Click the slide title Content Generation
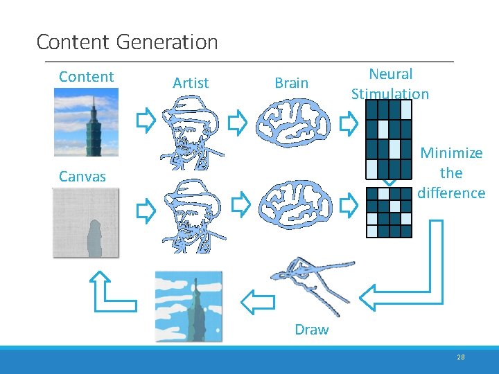click(x=127, y=42)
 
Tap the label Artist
click(x=191, y=83)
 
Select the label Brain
click(x=291, y=83)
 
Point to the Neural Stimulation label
click(x=390, y=84)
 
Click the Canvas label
click(x=82, y=177)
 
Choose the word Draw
click(x=312, y=330)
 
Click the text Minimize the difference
click(x=451, y=172)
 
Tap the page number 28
click(x=461, y=357)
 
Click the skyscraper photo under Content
click(x=87, y=125)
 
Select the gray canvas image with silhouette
click(x=86, y=222)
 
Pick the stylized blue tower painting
click(x=189, y=305)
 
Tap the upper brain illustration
click(x=290, y=123)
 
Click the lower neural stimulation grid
click(x=389, y=211)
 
